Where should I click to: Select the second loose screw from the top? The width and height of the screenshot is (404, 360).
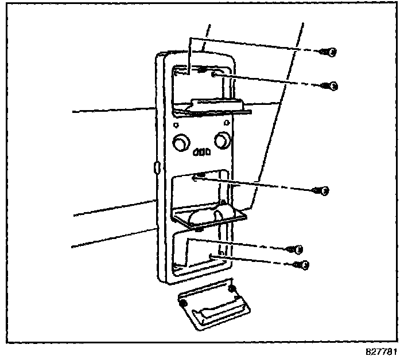[x=331, y=86]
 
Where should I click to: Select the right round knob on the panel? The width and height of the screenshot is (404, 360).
[x=222, y=139]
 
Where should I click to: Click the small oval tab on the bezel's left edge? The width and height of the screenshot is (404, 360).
[x=156, y=167]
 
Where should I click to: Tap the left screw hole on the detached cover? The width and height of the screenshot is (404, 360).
[x=183, y=302]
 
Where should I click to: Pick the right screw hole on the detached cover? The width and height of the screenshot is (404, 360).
[x=231, y=288]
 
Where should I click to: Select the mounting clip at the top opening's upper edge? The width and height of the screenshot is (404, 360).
[x=201, y=69]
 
